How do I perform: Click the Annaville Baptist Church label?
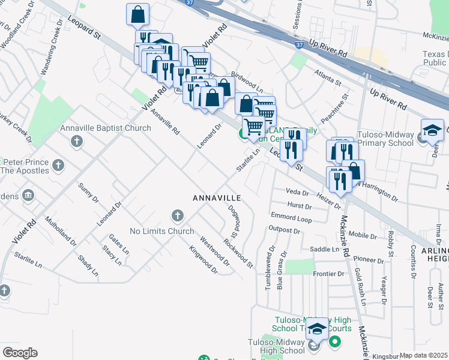click(105, 128)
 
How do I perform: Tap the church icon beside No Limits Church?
click(177, 215)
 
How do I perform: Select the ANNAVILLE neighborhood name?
click(216, 197)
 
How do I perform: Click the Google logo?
click(20, 352)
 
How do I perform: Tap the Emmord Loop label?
click(291, 218)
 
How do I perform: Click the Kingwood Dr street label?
click(203, 260)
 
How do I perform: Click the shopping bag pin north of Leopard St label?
click(138, 14)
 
